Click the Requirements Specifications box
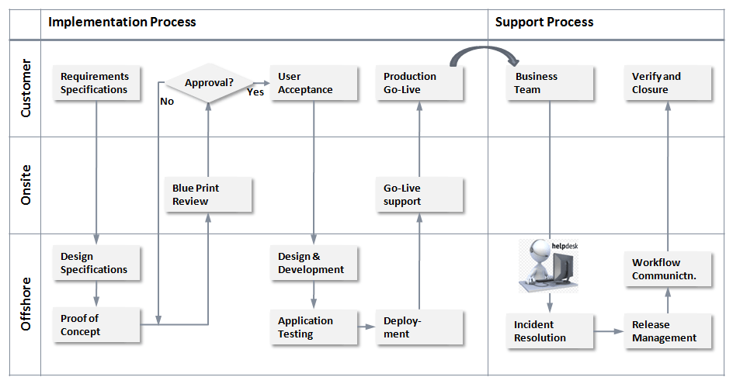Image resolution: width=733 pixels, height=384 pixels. click(x=97, y=83)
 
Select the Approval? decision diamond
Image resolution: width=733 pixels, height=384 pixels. click(x=208, y=82)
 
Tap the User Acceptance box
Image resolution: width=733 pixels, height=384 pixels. click(x=314, y=83)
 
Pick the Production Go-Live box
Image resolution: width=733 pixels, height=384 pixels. click(x=420, y=83)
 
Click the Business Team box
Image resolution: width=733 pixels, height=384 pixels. click(x=551, y=83)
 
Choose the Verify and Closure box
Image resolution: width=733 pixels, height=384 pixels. click(x=669, y=83)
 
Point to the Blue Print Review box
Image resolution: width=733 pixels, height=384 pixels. click(x=208, y=195)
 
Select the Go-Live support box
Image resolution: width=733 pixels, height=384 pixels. click(x=420, y=195)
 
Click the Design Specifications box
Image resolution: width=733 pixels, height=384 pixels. click(x=97, y=263)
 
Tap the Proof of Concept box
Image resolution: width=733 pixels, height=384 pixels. click(x=97, y=325)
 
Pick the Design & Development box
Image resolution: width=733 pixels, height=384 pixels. click(x=314, y=263)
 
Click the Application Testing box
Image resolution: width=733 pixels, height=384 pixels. click(x=314, y=327)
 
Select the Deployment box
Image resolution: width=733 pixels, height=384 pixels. click(x=420, y=327)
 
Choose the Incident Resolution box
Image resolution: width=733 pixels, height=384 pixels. click(x=551, y=331)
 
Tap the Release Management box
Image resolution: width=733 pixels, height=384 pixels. click(x=669, y=331)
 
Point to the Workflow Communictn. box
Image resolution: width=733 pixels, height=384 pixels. click(x=669, y=269)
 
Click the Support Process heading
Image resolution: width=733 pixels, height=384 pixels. click(x=544, y=22)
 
